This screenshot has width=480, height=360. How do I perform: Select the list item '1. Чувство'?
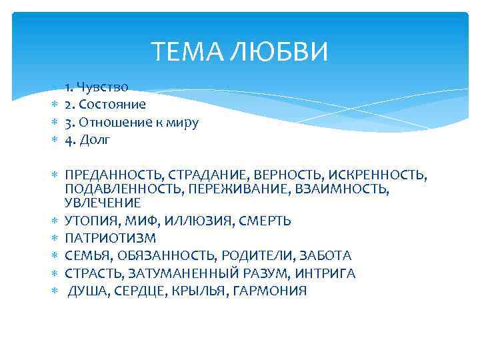[97, 87]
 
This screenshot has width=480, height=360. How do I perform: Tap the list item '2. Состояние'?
[105, 105]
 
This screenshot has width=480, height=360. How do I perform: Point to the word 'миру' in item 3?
[183, 123]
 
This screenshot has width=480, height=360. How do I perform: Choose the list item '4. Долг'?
[87, 140]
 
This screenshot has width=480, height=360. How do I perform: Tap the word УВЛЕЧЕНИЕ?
[103, 203]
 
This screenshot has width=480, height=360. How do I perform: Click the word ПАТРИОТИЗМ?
[110, 238]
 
